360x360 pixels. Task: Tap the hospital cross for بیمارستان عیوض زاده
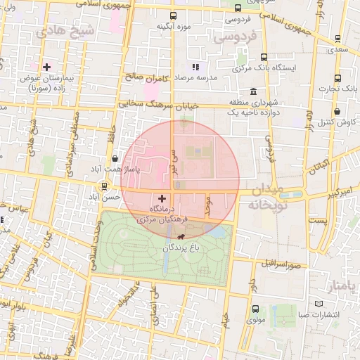[x=46, y=67]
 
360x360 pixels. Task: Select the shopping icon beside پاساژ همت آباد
[x=115, y=159]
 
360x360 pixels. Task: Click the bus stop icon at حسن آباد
[x=105, y=186]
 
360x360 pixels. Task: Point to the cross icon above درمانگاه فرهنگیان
[x=162, y=199]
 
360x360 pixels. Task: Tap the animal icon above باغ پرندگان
[x=183, y=237]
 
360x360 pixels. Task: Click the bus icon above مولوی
[x=254, y=309]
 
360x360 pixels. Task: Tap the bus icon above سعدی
[x=338, y=39]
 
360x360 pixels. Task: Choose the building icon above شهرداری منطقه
[x=253, y=92]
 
